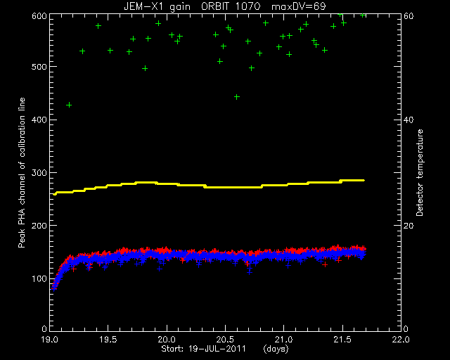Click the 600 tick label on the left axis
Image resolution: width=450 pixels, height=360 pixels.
pyautogui.click(x=39, y=15)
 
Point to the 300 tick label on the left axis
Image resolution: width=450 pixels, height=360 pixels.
pyautogui.click(x=39, y=173)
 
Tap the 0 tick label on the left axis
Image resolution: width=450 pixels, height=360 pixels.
pyautogui.click(x=44, y=329)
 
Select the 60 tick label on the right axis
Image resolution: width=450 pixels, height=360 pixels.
pyautogui.click(x=409, y=15)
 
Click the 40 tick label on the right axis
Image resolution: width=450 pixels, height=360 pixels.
pyautogui.click(x=409, y=120)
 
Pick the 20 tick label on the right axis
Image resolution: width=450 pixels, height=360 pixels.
pyautogui.click(x=409, y=226)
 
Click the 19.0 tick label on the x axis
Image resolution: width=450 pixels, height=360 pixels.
pyautogui.click(x=50, y=340)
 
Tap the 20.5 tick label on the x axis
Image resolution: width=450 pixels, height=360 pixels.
pyautogui.click(x=225, y=340)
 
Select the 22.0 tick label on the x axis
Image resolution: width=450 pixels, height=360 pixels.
pyautogui.click(x=401, y=340)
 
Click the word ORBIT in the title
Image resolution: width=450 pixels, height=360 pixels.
pyautogui.click(x=215, y=6)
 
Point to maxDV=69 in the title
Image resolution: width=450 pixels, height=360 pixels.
pyautogui.click(x=298, y=6)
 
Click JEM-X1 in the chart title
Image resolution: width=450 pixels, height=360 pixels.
pyautogui.click(x=143, y=6)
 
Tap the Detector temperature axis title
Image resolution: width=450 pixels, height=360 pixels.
pyautogui.click(x=419, y=172)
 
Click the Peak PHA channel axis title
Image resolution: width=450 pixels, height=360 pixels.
pyautogui.click(x=22, y=172)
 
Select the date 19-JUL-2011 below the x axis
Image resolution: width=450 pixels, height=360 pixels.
pyautogui.click(x=217, y=349)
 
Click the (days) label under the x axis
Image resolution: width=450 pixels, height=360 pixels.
pyautogui.click(x=276, y=349)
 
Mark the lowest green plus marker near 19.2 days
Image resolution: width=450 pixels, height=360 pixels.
pyautogui.click(x=69, y=105)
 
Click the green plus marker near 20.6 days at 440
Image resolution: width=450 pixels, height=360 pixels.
pyautogui.click(x=237, y=97)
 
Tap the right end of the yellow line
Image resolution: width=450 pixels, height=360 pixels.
pyautogui.click(x=364, y=180)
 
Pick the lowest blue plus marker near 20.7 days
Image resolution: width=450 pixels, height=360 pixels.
pyautogui.click(x=250, y=272)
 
